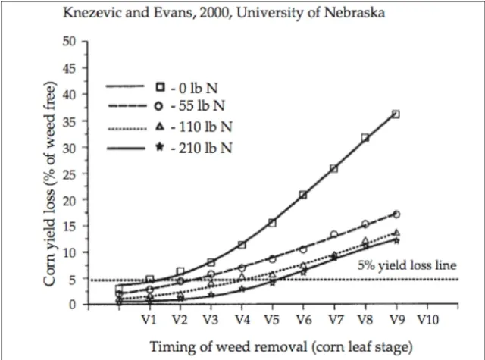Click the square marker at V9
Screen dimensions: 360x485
(x=396, y=114)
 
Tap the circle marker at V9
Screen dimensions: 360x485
(x=396, y=214)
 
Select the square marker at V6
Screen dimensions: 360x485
(x=303, y=196)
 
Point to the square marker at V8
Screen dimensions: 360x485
(x=365, y=138)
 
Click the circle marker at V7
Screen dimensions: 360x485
(x=334, y=235)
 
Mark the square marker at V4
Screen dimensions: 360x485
(x=242, y=246)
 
